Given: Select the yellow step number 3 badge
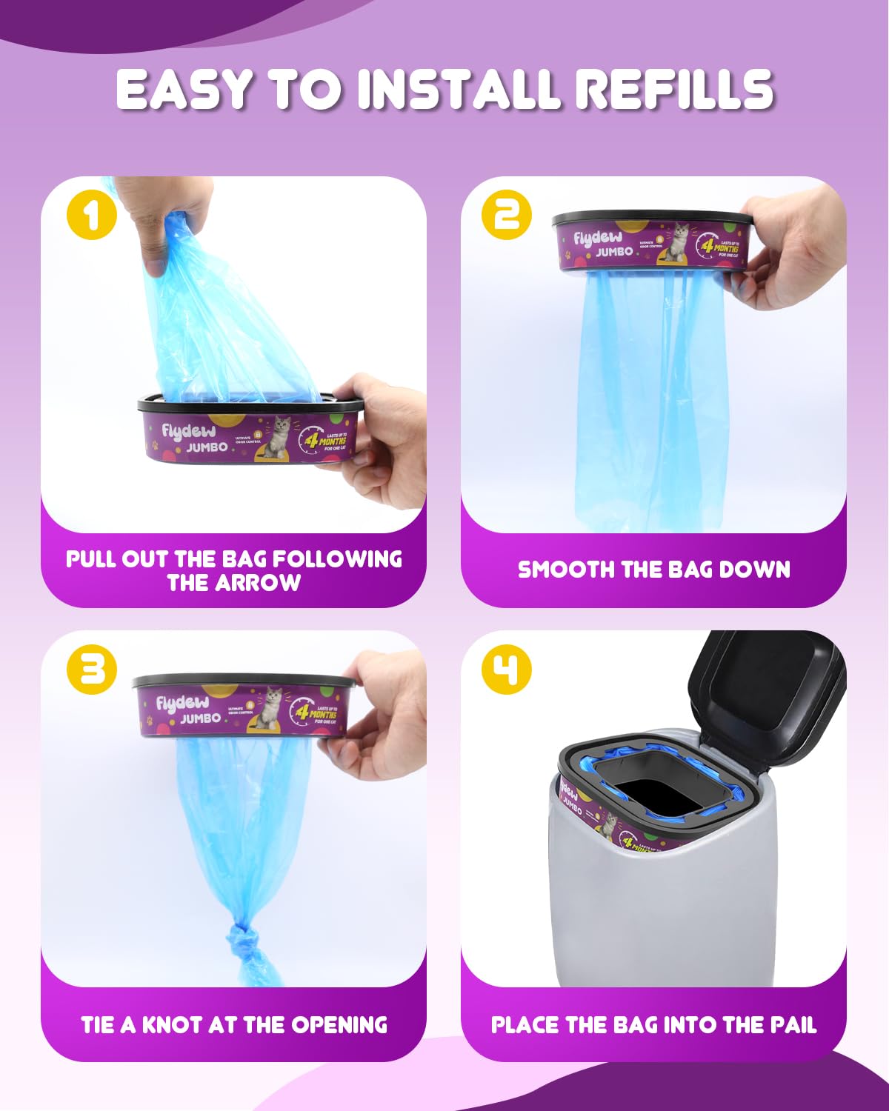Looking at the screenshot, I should pos(91,669).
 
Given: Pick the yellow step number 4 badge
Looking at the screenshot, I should pos(507,669).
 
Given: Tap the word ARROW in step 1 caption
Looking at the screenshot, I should pos(259,583).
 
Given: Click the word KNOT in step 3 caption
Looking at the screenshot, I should pos(173,1024).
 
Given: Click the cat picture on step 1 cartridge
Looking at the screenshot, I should pos(278,437).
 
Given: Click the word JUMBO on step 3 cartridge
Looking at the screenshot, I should pos(201,718).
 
